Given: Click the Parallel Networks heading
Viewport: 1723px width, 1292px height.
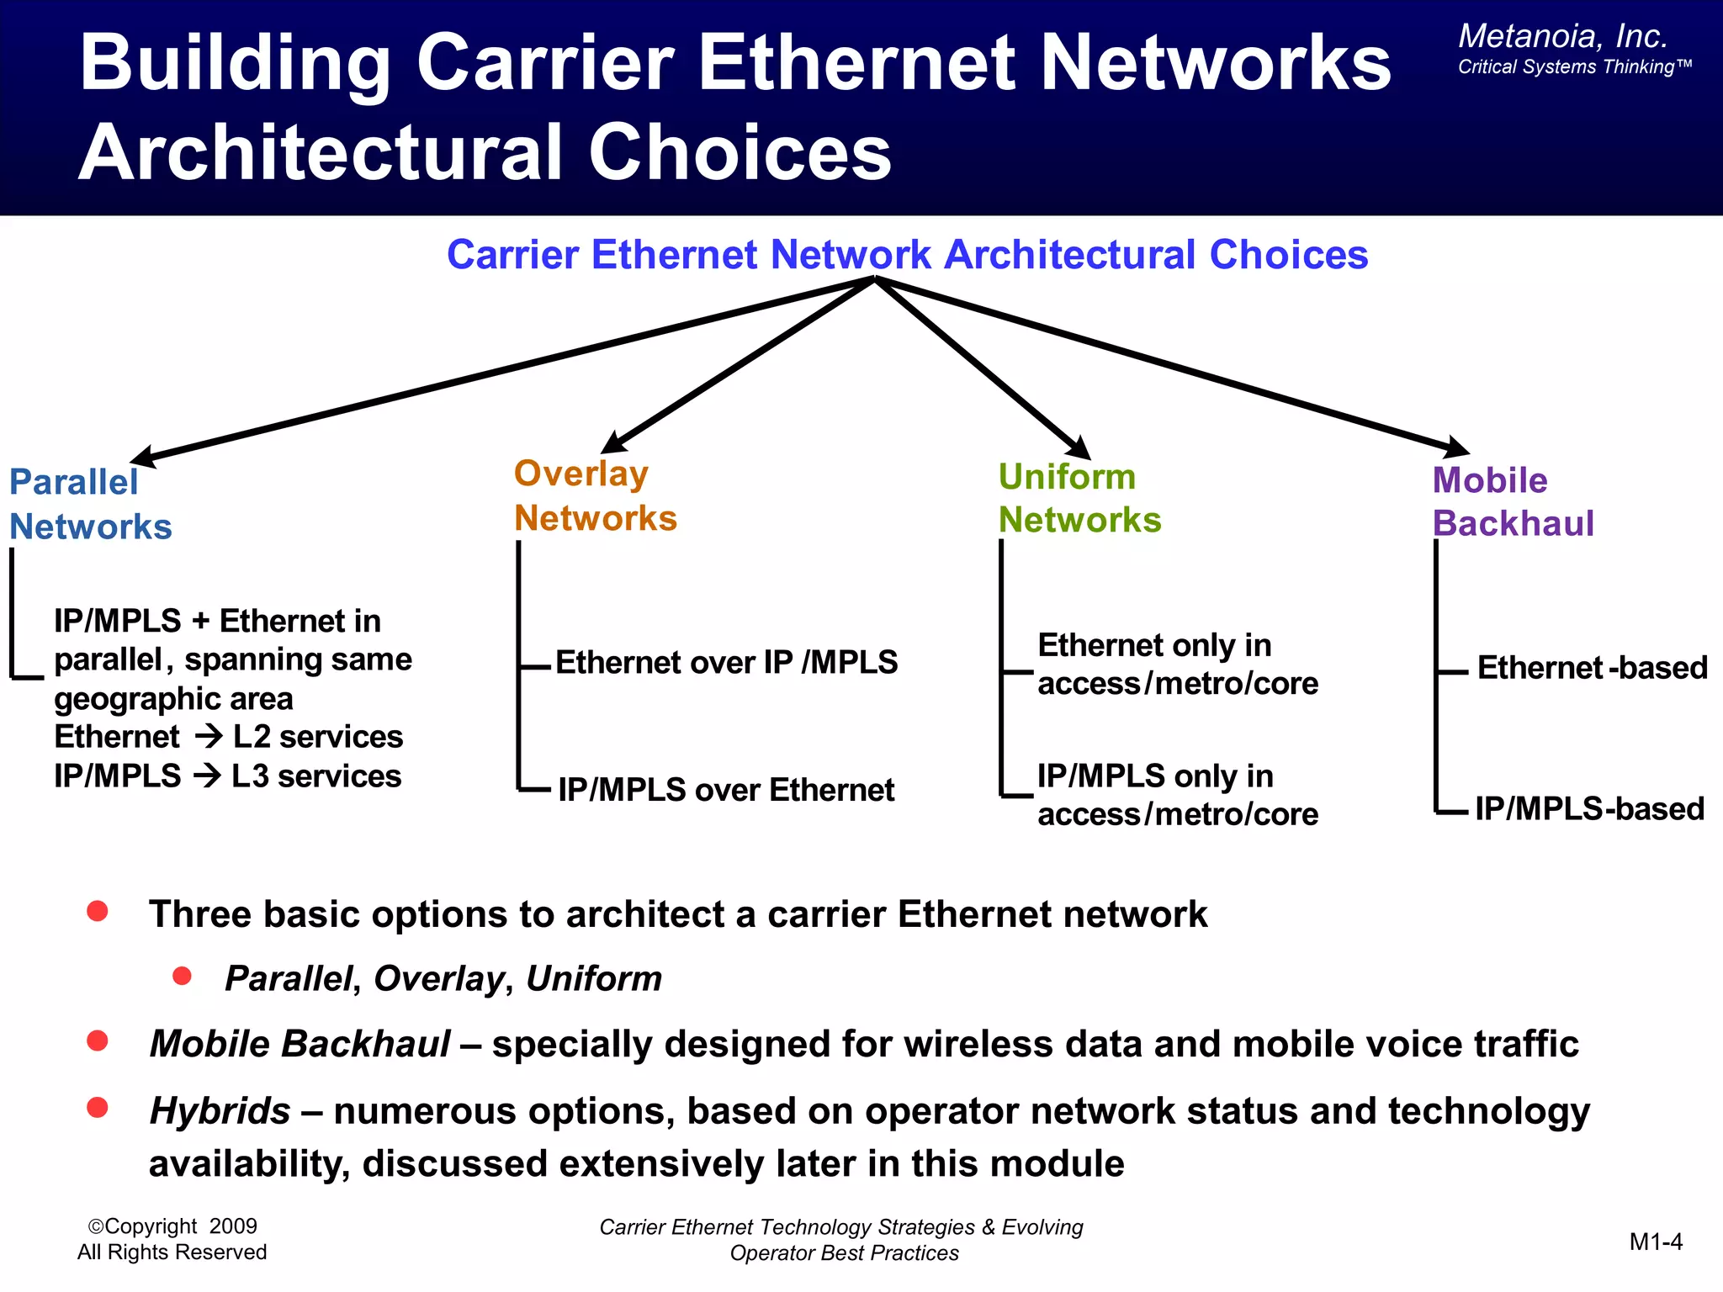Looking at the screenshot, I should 90,504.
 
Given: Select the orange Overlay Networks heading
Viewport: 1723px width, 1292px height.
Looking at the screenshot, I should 595,495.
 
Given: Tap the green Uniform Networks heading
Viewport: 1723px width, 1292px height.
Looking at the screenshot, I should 1079,498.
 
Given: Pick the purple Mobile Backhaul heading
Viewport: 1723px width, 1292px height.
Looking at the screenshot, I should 1513,501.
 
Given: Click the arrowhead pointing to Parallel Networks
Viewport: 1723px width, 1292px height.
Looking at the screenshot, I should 143,457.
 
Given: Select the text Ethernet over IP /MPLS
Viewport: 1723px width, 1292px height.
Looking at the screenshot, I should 726,663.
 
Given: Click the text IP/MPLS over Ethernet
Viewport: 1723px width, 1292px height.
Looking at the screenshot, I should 726,790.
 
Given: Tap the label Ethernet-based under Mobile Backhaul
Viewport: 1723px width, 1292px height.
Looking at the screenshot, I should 1592,668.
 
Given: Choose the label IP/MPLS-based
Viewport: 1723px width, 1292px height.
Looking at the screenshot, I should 1589,808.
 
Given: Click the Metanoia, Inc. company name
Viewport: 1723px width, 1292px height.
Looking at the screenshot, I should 1562,36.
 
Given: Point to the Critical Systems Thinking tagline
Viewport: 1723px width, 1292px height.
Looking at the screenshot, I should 1574,67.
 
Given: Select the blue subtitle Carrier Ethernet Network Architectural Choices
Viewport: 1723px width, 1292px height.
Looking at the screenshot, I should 907,255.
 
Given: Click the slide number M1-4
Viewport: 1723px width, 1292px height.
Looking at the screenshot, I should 1655,1242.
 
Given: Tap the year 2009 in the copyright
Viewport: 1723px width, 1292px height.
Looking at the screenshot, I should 233,1226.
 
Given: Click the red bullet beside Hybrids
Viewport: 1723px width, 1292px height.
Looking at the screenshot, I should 98,1107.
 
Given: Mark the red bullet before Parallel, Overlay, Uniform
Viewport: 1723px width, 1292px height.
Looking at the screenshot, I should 182,976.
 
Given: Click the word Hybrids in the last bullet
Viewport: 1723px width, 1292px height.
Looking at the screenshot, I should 220,1111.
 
